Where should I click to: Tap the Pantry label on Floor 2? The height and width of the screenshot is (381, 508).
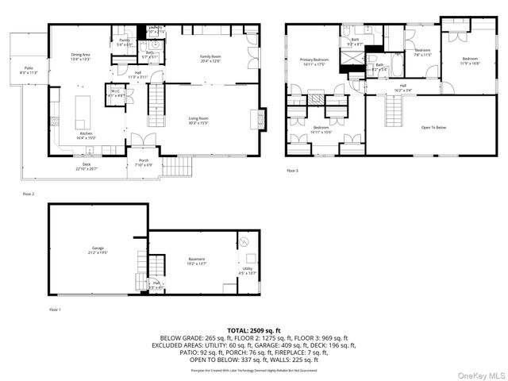(124, 41)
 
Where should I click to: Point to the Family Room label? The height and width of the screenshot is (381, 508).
(210, 58)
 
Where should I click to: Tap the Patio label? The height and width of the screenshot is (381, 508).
(29, 70)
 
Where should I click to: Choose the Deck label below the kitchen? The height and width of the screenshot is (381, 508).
(87, 166)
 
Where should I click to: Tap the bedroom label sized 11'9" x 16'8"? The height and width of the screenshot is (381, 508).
(470, 60)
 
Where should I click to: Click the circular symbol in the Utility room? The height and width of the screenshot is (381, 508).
(245, 240)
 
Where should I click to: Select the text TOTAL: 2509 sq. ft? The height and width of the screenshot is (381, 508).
(253, 329)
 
